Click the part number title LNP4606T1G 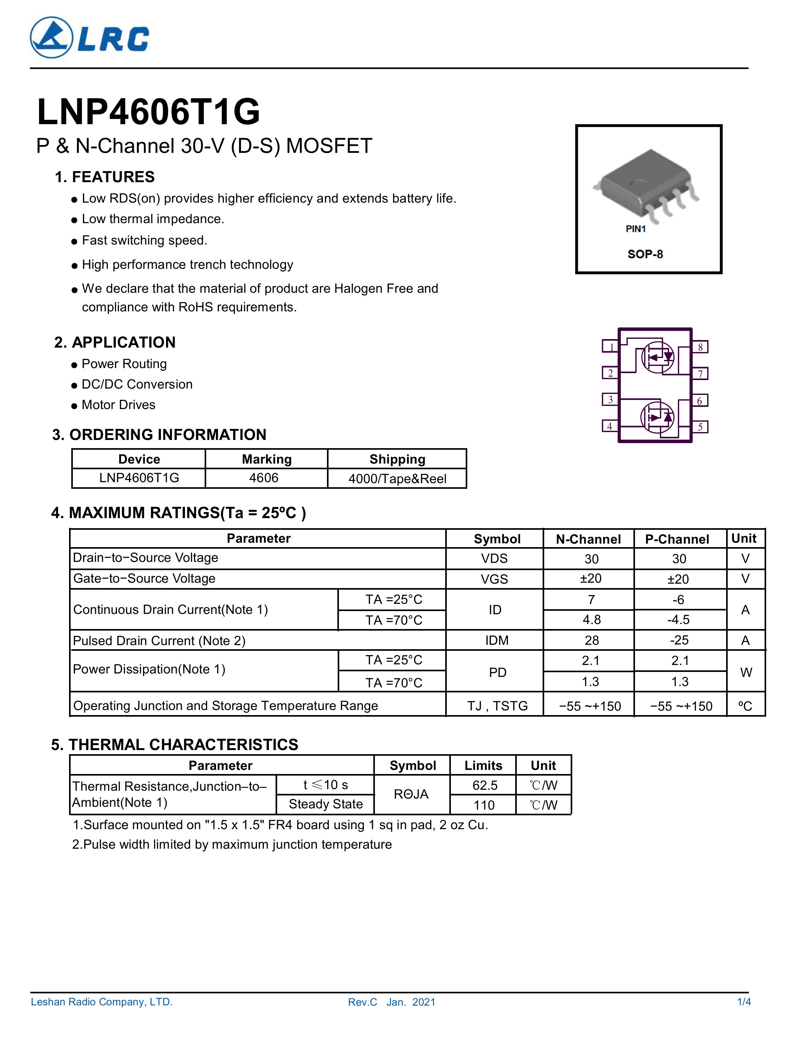point(149,112)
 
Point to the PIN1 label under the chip point(635,229)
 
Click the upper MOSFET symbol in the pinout point(657,357)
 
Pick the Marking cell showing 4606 point(264,478)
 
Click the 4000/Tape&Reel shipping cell point(397,479)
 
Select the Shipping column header point(397,459)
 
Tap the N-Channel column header point(588,539)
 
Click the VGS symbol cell point(494,579)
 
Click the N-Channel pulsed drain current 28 point(591,640)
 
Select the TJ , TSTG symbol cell point(497,706)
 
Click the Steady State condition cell point(326,804)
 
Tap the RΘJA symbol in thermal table point(411,794)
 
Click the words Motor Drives point(119,405)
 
